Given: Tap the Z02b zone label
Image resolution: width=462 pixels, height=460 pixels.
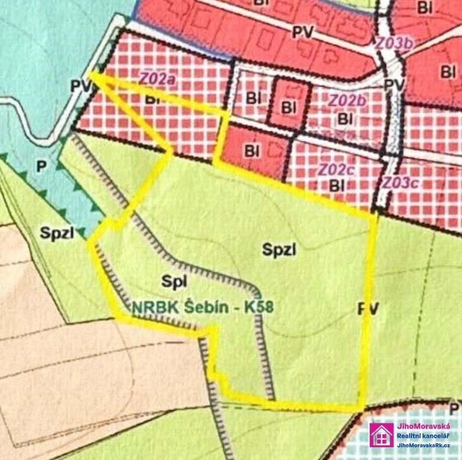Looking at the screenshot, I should tap(348, 100).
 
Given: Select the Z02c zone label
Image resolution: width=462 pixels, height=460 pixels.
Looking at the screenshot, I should tap(336, 169).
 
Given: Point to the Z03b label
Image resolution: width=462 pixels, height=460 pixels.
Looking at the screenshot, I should tap(395, 43).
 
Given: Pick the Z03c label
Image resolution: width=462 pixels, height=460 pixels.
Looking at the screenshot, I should tap(400, 181).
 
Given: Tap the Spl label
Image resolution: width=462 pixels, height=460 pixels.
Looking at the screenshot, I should tap(174, 281).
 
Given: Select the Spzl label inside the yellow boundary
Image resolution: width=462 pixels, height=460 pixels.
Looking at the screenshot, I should tap(279, 250).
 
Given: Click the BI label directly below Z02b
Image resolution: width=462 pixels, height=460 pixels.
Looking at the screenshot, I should tap(346, 119).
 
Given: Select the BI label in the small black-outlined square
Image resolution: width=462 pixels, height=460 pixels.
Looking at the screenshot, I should tap(288, 106).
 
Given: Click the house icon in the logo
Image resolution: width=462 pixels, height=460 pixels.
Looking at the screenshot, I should tap(382, 434).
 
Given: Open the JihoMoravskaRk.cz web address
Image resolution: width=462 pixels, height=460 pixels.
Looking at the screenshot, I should tap(424, 445).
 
